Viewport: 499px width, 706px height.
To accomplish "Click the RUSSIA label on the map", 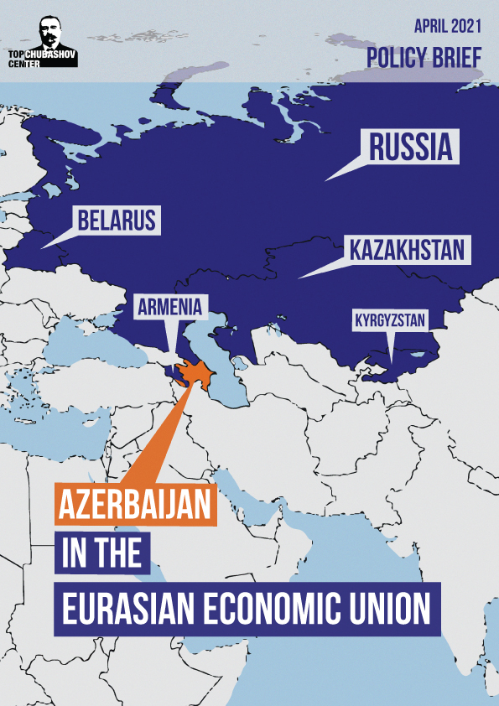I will tap(411, 148).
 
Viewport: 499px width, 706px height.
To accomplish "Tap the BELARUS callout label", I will tap(117, 221).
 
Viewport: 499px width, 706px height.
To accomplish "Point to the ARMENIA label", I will tap(170, 308).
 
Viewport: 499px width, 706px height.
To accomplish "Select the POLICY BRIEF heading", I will tap(424, 57).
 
